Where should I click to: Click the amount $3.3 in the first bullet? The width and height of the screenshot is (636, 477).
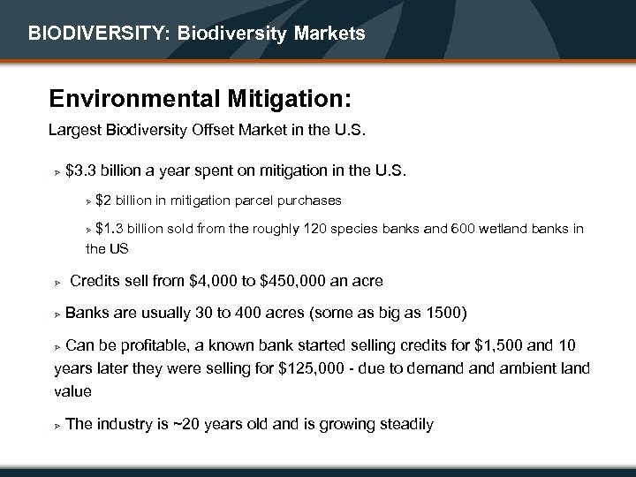point(84,169)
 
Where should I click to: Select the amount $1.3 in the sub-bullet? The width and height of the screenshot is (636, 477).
point(113,230)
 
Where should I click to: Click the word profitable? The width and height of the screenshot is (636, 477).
point(152,344)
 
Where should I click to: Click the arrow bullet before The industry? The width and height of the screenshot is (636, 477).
point(55,426)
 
